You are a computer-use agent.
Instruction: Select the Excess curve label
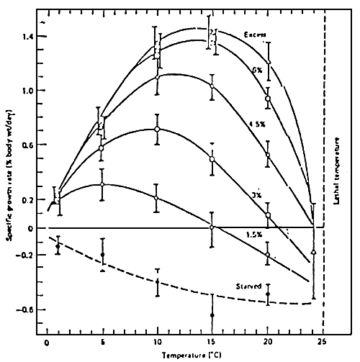(255, 35)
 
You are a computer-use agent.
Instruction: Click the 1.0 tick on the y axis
(28, 91)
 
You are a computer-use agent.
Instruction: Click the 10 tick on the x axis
(156, 342)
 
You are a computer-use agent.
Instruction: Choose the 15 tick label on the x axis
(212, 342)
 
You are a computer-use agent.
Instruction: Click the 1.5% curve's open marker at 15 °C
(212, 227)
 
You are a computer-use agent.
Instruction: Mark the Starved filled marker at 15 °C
(212, 315)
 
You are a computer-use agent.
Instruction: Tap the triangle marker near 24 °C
(314, 252)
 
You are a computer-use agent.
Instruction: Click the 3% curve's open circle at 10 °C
(156, 130)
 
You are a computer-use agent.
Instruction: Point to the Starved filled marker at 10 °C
(156, 282)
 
